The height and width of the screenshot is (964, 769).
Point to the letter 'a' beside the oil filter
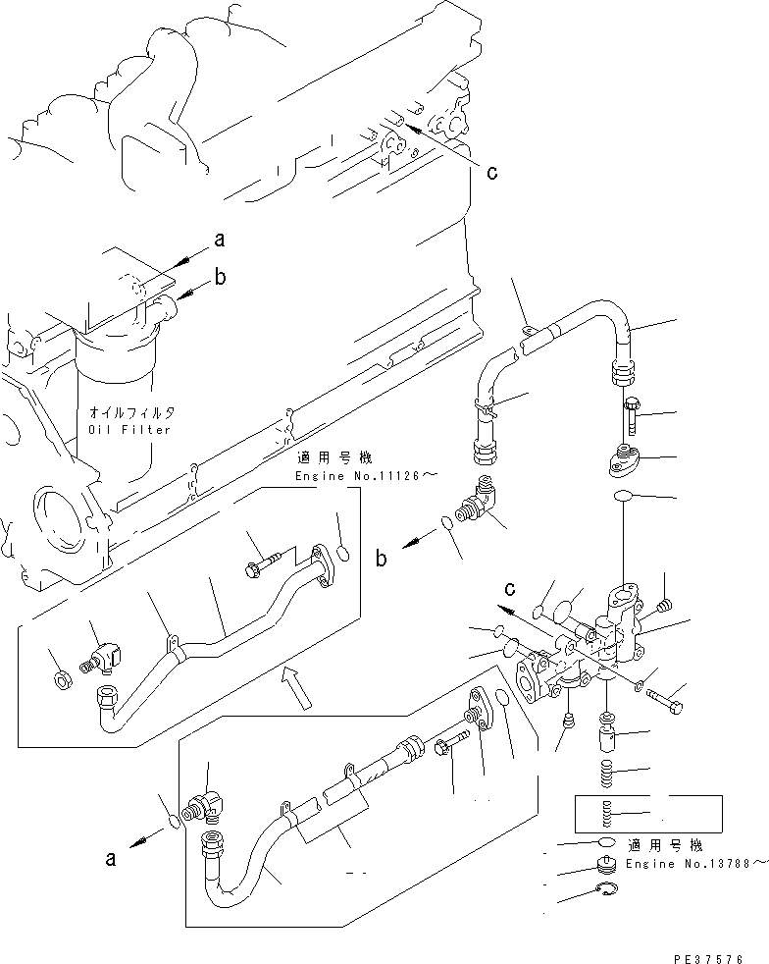click(220, 239)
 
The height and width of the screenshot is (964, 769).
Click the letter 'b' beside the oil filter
click(221, 278)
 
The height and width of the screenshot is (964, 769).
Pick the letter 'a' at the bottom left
click(110, 859)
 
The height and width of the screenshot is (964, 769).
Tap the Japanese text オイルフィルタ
click(124, 413)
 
